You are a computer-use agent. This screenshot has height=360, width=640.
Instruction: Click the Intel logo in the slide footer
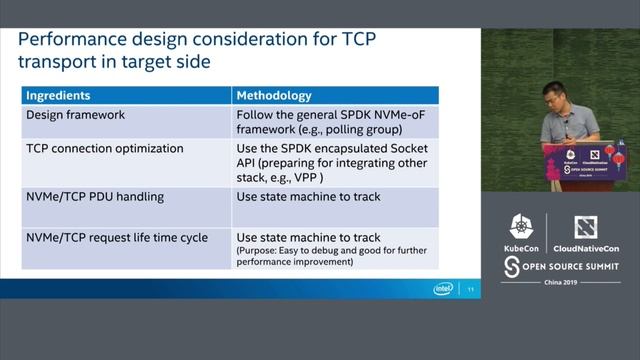point(443,288)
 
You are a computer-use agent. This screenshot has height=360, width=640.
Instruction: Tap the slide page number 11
point(470,289)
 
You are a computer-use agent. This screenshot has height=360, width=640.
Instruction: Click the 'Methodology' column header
point(274,96)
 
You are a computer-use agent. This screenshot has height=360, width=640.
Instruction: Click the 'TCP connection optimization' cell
point(104,148)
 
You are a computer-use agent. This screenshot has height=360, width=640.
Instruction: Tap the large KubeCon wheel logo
point(522,227)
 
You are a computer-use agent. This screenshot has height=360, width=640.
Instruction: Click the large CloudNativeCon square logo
point(585,227)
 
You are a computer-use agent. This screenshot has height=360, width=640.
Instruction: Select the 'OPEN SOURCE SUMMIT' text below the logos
point(565,265)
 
